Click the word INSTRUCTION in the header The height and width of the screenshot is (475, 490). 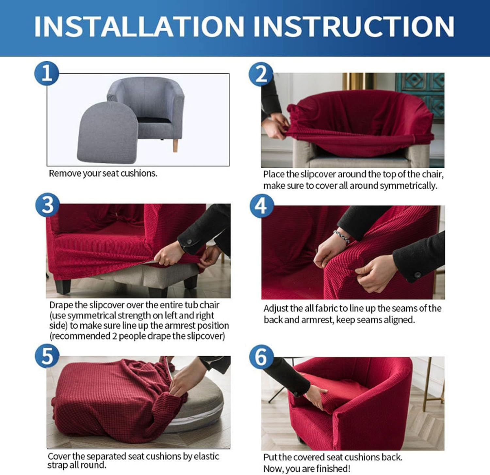[353, 26]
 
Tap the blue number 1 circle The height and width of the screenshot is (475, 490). [46, 73]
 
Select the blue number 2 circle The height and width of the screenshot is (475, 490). [261, 74]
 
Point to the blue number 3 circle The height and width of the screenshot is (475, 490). [47, 206]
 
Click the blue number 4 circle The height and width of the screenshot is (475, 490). [261, 206]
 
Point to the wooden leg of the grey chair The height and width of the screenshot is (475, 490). [175, 145]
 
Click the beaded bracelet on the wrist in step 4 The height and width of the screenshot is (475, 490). [342, 237]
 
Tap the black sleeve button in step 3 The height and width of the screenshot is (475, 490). [189, 242]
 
